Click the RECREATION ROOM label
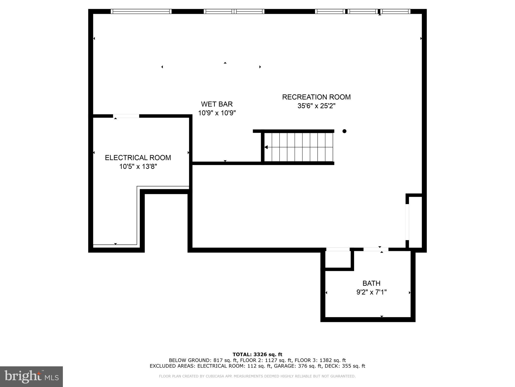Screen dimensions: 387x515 coord(316,97)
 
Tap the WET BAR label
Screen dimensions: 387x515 coord(217,104)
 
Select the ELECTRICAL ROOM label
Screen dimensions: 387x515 coord(138,158)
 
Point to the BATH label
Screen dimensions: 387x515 coord(371,283)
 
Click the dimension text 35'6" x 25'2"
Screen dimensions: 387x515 coord(316,106)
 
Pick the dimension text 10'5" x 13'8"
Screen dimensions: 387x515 coord(138,167)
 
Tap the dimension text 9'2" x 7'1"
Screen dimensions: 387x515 coord(371,292)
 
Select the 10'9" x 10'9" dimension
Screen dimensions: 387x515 coord(217,113)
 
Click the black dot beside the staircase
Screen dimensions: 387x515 coord(344,131)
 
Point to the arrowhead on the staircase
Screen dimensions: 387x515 coord(266,147)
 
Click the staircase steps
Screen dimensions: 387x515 coord(299,147)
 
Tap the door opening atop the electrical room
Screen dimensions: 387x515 coord(126,116)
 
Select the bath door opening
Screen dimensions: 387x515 coord(376,249)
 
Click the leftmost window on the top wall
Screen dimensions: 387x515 coord(141,11)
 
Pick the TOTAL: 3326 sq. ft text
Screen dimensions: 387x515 coord(257,354)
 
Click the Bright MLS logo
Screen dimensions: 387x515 coord(31,376)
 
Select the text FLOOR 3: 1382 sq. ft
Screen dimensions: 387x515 coord(320,360)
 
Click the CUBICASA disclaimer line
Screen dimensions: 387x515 coord(257,376)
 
